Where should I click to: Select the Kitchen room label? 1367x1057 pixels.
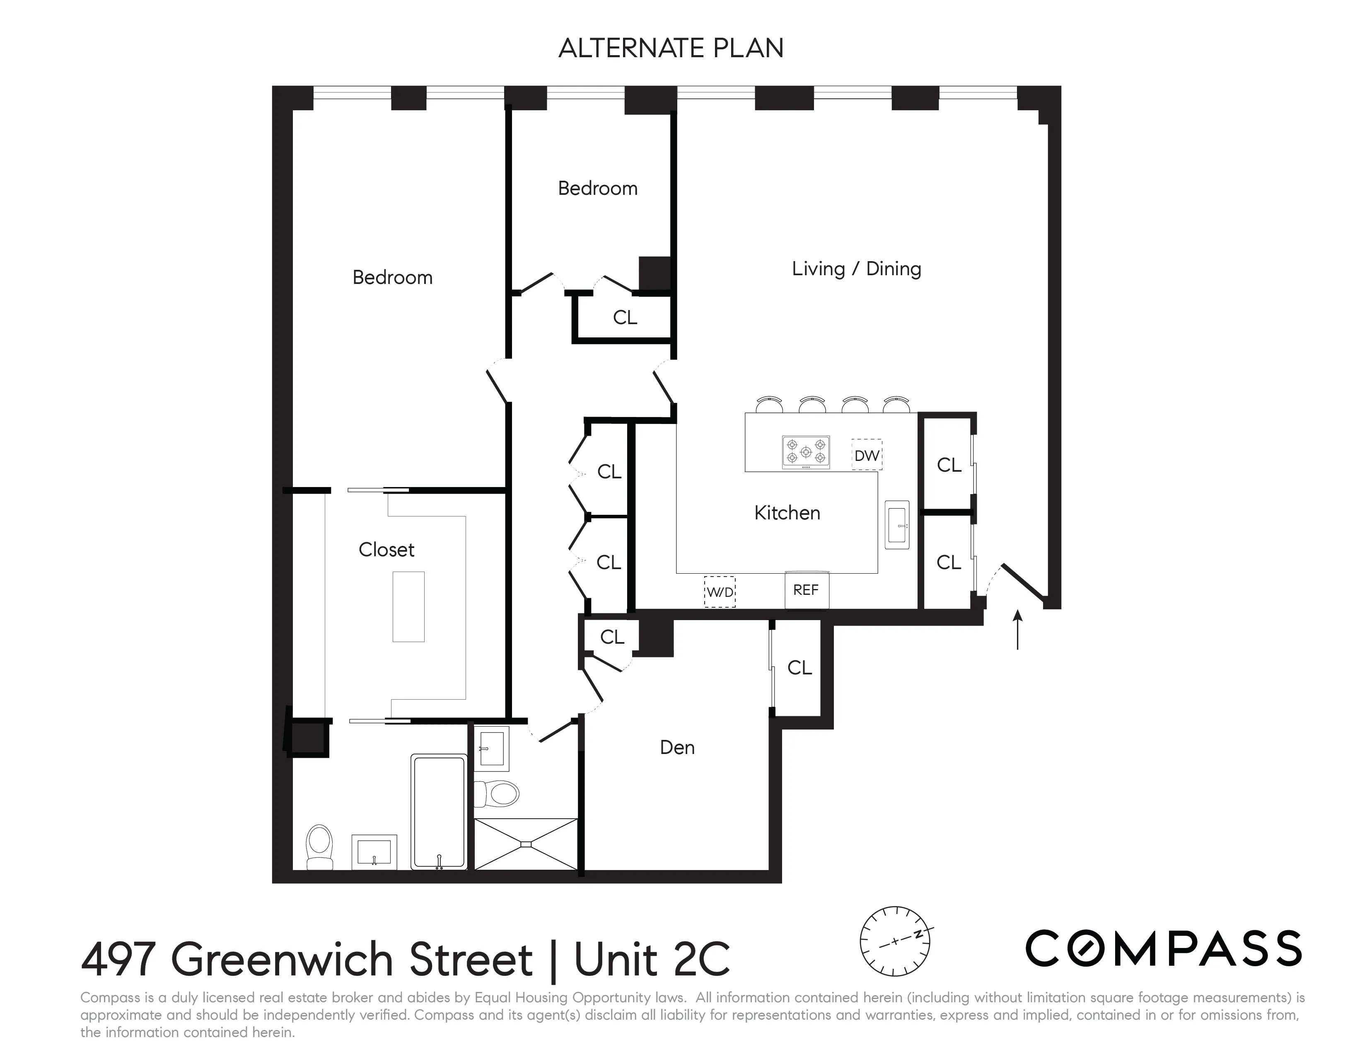(x=787, y=513)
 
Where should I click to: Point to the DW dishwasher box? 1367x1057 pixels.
(x=866, y=455)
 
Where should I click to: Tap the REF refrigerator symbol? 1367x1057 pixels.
(x=806, y=590)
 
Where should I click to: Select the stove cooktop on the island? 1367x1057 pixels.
(x=806, y=452)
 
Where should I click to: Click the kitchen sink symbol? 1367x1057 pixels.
(x=896, y=525)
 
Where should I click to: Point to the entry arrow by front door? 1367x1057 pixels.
(x=1017, y=629)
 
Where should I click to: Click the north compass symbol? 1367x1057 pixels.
(x=895, y=941)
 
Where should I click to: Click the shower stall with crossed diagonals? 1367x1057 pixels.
(x=525, y=844)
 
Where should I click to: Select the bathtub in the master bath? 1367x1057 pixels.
(x=439, y=812)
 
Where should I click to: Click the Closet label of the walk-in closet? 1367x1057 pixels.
(x=386, y=550)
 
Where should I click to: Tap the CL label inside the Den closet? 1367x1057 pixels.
(x=799, y=668)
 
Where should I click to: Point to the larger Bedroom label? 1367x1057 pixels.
(x=392, y=277)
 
